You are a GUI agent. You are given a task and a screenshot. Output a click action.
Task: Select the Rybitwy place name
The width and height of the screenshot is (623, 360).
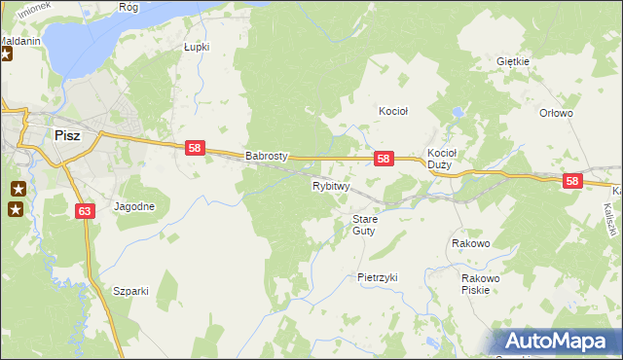(330, 185)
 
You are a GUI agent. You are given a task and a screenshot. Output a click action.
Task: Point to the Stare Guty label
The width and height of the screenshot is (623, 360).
(364, 225)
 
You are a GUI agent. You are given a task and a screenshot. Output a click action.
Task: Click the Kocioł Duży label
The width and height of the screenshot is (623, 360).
(442, 159)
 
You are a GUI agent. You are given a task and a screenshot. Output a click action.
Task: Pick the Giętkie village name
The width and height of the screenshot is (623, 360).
(512, 61)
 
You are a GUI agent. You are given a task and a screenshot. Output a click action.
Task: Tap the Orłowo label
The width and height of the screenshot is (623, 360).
(556, 113)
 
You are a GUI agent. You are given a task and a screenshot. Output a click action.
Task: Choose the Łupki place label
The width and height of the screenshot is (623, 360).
(198, 46)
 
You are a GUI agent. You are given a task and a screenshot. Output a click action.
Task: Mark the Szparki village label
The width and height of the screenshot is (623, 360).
(130, 291)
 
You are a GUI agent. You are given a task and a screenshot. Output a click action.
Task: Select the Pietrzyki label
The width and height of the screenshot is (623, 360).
(378, 277)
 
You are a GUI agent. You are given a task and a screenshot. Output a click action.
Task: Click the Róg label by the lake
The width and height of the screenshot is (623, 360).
(128, 7)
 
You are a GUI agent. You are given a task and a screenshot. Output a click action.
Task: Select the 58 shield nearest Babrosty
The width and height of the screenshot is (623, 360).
(195, 148)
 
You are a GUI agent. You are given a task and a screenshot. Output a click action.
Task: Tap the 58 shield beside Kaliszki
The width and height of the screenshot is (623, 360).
(572, 181)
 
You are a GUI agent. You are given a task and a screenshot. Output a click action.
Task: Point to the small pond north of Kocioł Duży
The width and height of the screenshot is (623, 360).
(456, 114)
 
